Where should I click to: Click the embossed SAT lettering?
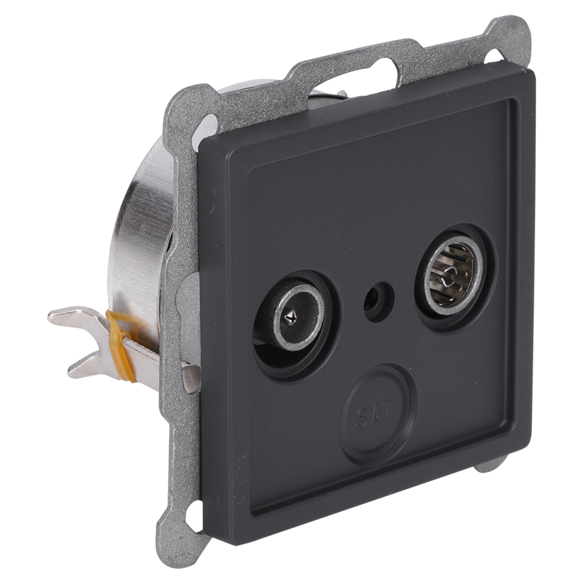coord(375,410)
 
